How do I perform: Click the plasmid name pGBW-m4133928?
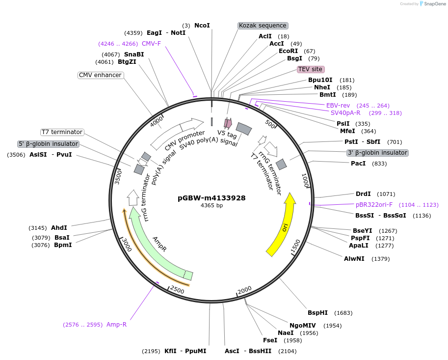click(211, 198)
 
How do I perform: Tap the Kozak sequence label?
click(263, 26)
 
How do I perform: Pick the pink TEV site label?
click(310, 69)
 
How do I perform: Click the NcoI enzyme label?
click(202, 26)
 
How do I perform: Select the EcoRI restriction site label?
click(288, 51)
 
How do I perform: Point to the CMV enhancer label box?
click(100, 75)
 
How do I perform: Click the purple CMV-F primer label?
click(151, 44)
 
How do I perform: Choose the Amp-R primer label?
click(116, 324)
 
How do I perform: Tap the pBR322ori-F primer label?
click(374, 204)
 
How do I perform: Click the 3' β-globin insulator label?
click(377, 153)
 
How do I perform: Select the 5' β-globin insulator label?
click(48, 144)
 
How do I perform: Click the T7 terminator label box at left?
click(62, 132)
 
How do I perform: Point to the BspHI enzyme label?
click(317, 313)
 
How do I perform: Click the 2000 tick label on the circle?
click(244, 290)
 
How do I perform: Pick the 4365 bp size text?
click(211, 205)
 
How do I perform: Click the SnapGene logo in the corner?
click(432, 4)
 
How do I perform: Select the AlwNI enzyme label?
click(354, 258)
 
